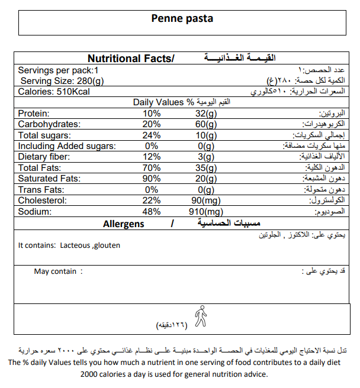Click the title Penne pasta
[x=182, y=19]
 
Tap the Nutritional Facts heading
[x=131, y=59]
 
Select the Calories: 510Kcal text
[x=54, y=92]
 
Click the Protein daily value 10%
[x=152, y=114]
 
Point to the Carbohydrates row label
[x=48, y=124]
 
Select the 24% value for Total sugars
[x=152, y=135]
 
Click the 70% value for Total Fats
[x=152, y=168]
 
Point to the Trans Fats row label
[x=40, y=190]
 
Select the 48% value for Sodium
[x=152, y=212]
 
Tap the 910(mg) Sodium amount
[x=205, y=212]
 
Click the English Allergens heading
[x=123, y=224]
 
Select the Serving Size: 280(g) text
[x=62, y=80]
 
